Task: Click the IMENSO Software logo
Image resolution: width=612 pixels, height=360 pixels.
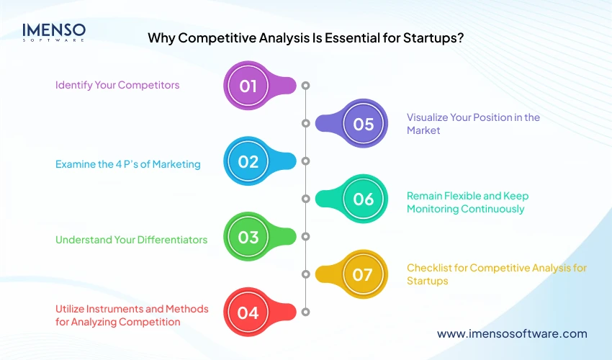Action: [54, 32]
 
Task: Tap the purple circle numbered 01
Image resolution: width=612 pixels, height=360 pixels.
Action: [248, 86]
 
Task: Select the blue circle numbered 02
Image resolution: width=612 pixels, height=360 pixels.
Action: [248, 161]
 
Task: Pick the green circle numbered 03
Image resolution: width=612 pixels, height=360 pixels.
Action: [248, 237]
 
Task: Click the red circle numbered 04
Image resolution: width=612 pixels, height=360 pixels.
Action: [248, 312]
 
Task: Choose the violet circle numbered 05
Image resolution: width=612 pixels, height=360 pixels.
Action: [364, 124]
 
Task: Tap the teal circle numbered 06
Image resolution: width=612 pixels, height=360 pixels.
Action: [364, 199]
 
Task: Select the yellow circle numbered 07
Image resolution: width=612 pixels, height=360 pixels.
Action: [364, 274]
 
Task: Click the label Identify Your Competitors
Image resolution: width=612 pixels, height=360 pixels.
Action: [117, 85]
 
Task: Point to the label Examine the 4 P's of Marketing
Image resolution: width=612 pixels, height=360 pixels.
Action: [127, 164]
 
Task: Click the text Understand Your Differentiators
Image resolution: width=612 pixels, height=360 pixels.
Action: [132, 240]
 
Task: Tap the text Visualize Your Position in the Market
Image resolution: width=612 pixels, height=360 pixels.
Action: [473, 124]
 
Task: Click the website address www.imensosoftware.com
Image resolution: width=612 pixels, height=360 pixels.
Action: [512, 333]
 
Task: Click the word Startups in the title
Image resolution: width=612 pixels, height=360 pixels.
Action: [431, 39]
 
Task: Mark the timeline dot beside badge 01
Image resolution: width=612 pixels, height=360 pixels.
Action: [305, 86]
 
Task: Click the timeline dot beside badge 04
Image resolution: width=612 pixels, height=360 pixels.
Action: [305, 312]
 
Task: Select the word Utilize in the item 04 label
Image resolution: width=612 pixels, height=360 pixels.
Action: [71, 309]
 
